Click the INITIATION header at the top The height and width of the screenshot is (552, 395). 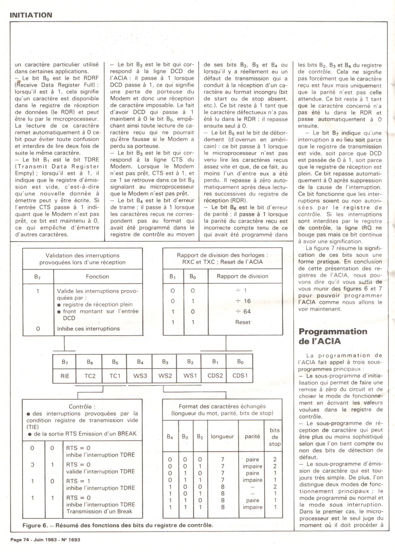31,15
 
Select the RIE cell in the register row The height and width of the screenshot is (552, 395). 65,376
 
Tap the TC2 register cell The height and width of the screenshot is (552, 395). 90,376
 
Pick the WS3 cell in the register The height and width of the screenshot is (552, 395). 140,376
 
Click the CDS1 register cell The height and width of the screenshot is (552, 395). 240,375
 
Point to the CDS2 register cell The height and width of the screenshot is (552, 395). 215,375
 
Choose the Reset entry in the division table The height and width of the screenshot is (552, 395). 243,322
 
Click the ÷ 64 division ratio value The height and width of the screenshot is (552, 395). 243,311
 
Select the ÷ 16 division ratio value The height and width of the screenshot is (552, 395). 243,301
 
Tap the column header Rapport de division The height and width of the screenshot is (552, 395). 242,276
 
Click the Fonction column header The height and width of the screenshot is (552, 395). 97,277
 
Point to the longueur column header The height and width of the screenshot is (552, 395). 222,436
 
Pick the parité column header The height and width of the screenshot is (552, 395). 252,436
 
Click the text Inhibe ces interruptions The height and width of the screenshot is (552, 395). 88,328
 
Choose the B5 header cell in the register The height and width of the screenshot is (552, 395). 115,362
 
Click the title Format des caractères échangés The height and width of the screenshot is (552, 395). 222,406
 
